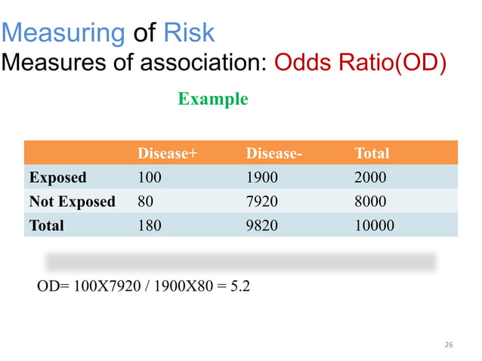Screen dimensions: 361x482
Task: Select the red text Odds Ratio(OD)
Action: (x=360, y=63)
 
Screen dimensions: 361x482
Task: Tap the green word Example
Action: (x=212, y=99)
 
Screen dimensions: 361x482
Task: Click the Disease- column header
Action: (x=274, y=154)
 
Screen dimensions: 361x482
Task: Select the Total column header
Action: (x=372, y=154)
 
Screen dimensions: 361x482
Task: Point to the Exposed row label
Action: (x=57, y=178)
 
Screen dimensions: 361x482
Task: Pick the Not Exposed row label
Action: (x=72, y=202)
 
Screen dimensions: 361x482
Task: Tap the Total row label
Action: (x=46, y=225)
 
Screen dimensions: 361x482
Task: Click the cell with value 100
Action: (x=150, y=178)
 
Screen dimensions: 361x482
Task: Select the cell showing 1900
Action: (x=262, y=178)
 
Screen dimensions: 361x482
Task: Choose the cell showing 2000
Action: (x=371, y=178)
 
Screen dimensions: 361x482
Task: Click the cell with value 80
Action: (x=145, y=202)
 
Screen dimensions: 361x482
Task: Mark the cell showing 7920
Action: (x=262, y=202)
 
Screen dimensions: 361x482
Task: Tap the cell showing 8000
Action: (x=371, y=202)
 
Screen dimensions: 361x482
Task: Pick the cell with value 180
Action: (x=150, y=225)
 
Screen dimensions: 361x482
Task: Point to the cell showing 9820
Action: (x=262, y=225)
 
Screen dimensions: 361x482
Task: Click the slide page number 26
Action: (x=449, y=345)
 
